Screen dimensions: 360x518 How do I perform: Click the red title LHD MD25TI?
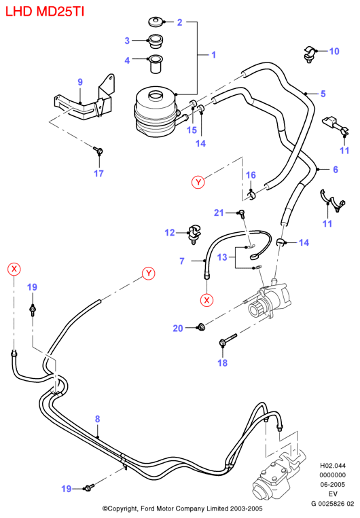coord(45,12)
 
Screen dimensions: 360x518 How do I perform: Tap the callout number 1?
coord(213,54)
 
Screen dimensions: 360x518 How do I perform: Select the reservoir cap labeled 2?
coord(155,22)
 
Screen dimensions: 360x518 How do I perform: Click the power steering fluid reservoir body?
coord(156,111)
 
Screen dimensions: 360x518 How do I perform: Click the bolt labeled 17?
coord(98,151)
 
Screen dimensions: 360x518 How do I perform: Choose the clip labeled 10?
coord(310,54)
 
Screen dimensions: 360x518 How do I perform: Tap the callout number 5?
coord(323,94)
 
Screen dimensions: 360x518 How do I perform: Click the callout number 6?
coord(335,170)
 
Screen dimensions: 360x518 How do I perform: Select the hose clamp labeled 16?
coord(251,195)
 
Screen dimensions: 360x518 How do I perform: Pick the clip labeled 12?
coord(194,234)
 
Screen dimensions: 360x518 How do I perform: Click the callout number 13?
coord(222,257)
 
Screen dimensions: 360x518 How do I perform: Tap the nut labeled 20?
coord(200,327)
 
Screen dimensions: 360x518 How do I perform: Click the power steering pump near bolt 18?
coord(270,300)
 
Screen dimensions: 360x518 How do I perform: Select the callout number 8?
coord(97,419)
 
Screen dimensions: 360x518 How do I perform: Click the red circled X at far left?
coord(14,269)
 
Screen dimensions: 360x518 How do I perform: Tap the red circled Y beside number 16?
coord(198,182)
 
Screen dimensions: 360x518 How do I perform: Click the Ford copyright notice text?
coord(182,508)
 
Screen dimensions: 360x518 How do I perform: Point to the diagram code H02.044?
coord(333,466)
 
